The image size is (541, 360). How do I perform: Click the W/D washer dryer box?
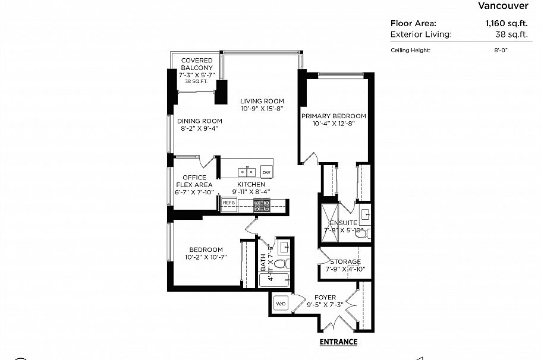click(x=280, y=304)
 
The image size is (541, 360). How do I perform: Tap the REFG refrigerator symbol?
click(x=229, y=203)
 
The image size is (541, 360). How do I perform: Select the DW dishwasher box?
click(x=266, y=172)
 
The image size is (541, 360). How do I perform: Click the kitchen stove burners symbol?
click(x=262, y=205)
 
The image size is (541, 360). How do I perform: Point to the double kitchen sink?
click(x=247, y=172)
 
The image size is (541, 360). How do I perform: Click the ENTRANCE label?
click(x=338, y=342)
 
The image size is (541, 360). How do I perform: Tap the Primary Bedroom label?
click(x=333, y=116)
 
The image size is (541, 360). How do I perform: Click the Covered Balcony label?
click(x=197, y=65)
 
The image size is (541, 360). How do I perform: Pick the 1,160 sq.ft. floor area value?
click(x=507, y=23)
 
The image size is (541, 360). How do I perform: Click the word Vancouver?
click(x=503, y=6)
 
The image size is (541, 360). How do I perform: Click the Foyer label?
click(x=326, y=298)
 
